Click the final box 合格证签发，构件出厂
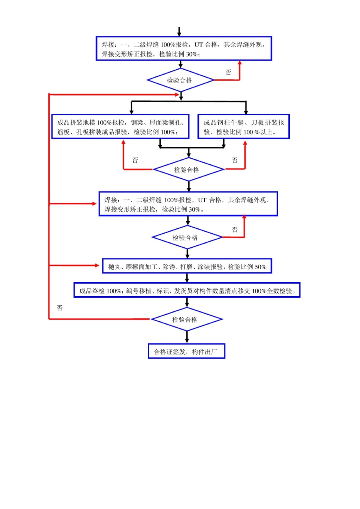(x=186, y=351)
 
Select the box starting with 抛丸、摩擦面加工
(x=187, y=267)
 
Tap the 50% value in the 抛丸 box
(x=260, y=267)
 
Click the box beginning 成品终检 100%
(x=187, y=290)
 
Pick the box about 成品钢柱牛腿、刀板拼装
(x=244, y=127)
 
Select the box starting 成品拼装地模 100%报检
(x=120, y=127)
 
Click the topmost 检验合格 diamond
(x=180, y=80)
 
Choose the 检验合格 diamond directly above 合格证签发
(x=186, y=320)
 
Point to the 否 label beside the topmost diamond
(x=228, y=72)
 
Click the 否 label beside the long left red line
(x=59, y=308)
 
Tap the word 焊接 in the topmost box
(x=108, y=45)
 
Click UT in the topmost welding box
(x=199, y=45)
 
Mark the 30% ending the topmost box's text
(x=192, y=54)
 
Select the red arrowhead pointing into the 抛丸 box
(x=97, y=265)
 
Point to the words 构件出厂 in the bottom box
(x=205, y=352)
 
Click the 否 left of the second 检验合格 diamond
(x=135, y=160)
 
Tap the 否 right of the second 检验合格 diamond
(x=235, y=160)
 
